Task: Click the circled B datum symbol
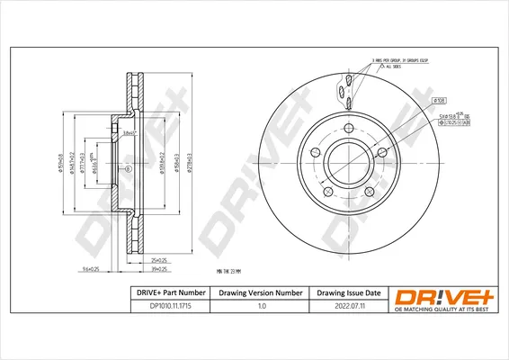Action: [126, 169]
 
